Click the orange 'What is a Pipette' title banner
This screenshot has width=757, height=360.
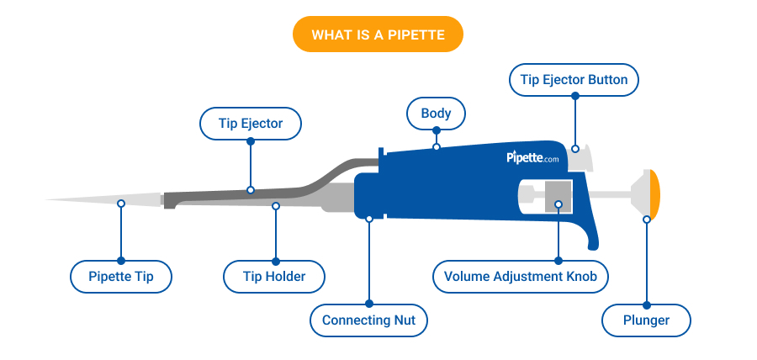click(378, 35)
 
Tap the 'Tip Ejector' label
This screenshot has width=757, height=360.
click(251, 124)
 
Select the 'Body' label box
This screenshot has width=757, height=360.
click(436, 113)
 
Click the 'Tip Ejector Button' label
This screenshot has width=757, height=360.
click(574, 80)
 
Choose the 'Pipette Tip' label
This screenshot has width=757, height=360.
click(120, 276)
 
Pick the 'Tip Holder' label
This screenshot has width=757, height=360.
click(275, 276)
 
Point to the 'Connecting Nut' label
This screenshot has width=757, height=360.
click(368, 320)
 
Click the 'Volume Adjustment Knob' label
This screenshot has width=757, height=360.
click(520, 276)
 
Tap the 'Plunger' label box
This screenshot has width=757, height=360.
click(646, 320)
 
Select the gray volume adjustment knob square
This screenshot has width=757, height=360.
click(558, 195)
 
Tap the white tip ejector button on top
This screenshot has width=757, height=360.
click(583, 154)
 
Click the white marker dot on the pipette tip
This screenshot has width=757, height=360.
click(121, 204)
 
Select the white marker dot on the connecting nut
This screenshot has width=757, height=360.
click(368, 219)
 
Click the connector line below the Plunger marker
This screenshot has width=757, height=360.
click(646, 261)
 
